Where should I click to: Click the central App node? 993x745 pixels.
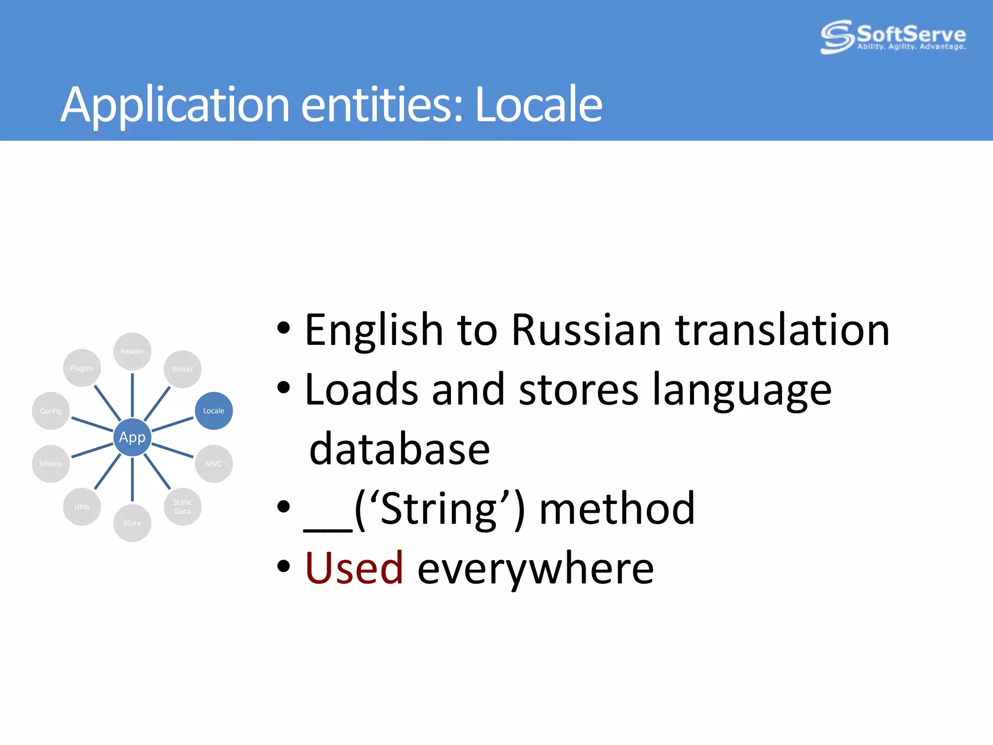132,437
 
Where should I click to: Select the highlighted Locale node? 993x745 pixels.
213,411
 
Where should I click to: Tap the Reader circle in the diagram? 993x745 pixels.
132,351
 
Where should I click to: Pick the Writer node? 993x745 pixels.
182,369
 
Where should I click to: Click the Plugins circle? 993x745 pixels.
81,368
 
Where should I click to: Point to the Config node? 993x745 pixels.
50,411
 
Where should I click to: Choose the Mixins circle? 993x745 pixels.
50,464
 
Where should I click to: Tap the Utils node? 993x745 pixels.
81,506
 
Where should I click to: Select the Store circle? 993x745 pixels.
132,523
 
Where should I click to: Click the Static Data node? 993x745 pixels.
182,506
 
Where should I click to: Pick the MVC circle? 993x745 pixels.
213,464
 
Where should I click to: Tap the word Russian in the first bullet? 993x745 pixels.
586,330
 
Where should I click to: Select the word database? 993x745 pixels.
400,449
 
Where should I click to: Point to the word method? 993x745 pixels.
617,508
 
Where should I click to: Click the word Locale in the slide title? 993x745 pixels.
538,104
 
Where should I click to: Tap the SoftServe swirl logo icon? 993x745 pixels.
836,36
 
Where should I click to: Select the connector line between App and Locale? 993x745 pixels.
173,424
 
